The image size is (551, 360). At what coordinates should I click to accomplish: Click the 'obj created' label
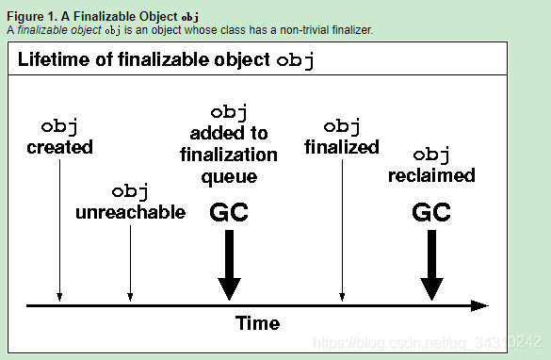pyautogui.click(x=59, y=137)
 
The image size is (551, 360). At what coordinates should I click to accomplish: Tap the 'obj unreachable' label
pyautogui.click(x=130, y=202)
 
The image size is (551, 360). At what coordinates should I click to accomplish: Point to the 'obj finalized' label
pyautogui.click(x=342, y=137)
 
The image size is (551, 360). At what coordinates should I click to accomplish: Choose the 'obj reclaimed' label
pyautogui.click(x=431, y=165)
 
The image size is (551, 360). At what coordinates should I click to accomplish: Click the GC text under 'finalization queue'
pyautogui.click(x=228, y=212)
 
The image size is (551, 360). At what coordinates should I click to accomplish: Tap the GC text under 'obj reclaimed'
pyautogui.click(x=432, y=212)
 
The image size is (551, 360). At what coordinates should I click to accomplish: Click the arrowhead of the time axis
pyautogui.click(x=480, y=305)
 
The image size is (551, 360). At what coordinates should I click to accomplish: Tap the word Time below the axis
pyautogui.click(x=257, y=323)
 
